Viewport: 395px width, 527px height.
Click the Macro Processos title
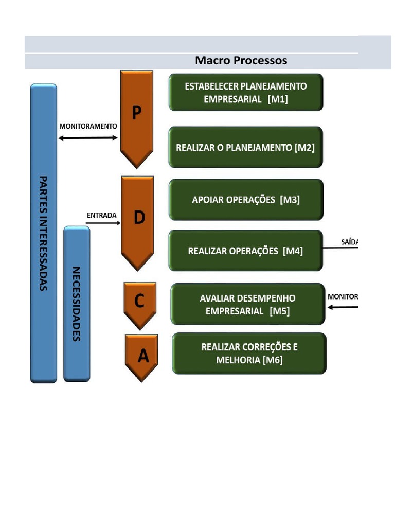pos(241,61)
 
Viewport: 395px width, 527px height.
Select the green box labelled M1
pos(246,93)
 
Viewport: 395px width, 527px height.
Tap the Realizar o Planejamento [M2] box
pos(245,147)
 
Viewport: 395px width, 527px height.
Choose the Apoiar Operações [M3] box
pos(246,200)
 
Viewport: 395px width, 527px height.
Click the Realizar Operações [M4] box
pos(245,251)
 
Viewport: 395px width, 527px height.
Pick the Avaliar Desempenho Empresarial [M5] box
pos(247,304)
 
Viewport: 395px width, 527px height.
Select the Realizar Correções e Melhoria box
pos(249,354)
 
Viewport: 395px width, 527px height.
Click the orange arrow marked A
pos(141,356)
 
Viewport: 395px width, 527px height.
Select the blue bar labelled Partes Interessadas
pos(44,233)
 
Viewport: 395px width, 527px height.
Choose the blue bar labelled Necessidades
pos(77,304)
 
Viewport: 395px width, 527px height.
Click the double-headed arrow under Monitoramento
pos(88,138)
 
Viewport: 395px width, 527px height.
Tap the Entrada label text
pos(101,216)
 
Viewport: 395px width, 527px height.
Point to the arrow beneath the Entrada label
pos(103,223)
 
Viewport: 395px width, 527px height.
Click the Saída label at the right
pos(349,241)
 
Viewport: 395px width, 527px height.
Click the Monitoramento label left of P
pos(88,126)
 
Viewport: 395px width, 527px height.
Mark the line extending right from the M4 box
pos(340,248)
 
